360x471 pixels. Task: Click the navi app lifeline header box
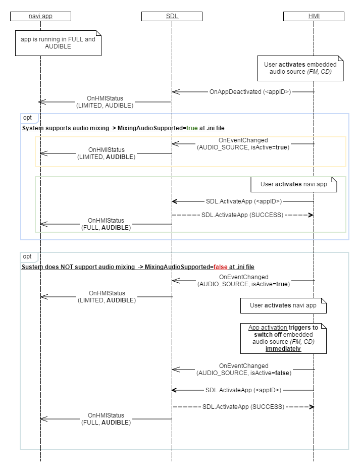click(40, 16)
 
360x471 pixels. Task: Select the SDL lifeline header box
click(172, 16)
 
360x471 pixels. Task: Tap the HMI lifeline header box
click(314, 16)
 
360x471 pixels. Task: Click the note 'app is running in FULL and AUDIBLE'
click(58, 42)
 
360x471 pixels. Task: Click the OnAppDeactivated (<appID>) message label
click(250, 92)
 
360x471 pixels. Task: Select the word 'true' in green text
click(192, 128)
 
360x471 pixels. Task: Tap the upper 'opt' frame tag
click(28, 118)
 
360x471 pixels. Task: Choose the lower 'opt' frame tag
click(28, 257)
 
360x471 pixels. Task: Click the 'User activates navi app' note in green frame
click(293, 184)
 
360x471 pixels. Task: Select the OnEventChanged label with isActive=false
click(243, 369)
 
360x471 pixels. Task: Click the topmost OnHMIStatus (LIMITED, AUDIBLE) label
click(105, 101)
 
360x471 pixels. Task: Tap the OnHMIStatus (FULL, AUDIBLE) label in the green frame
click(106, 224)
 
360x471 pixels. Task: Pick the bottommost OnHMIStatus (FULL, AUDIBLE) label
click(106, 418)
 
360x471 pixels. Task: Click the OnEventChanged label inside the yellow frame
click(243, 143)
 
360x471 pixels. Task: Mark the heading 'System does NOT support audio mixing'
click(78, 267)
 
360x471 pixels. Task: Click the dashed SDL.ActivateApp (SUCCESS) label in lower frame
click(243, 406)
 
